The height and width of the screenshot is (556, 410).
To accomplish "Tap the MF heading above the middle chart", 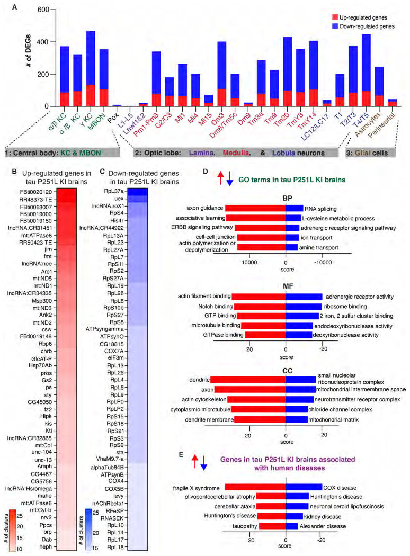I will (x=286, y=285).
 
